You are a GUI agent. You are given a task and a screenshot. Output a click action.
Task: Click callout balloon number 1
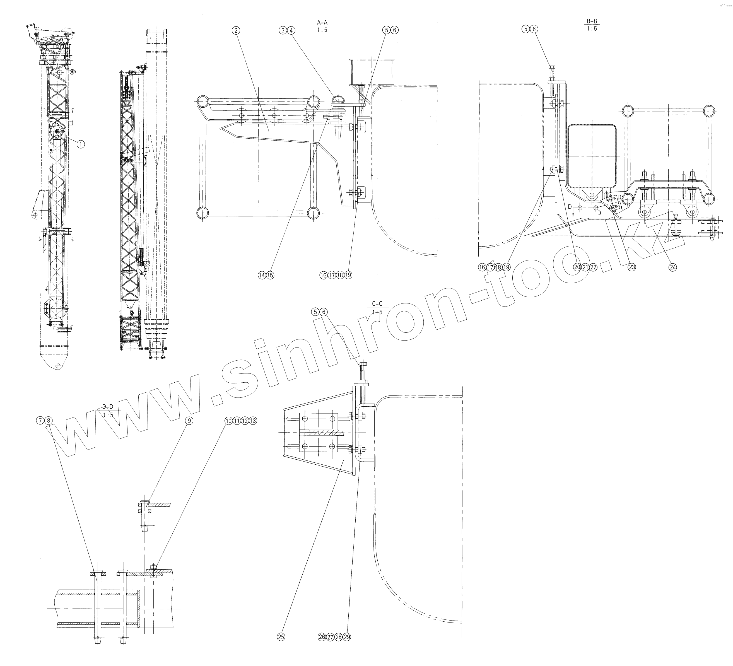pyautogui.click(x=80, y=144)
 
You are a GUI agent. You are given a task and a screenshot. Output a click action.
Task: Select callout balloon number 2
pyautogui.click(x=236, y=30)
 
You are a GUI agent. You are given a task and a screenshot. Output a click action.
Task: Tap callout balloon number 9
pyautogui.click(x=189, y=421)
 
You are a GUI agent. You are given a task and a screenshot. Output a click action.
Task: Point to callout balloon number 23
pyautogui.click(x=632, y=267)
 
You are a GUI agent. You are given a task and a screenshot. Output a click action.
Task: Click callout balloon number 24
pyautogui.click(x=673, y=267)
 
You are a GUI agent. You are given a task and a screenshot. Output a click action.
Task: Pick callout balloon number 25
pyautogui.click(x=281, y=637)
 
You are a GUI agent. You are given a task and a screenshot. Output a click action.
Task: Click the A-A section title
pyautogui.click(x=322, y=23)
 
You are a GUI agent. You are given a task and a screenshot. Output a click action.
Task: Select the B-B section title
pyautogui.click(x=592, y=21)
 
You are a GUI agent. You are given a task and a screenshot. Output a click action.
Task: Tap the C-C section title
pyautogui.click(x=377, y=304)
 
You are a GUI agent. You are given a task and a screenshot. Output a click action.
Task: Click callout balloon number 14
pyautogui.click(x=262, y=275)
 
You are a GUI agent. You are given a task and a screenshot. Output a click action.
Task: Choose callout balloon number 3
pyautogui.click(x=283, y=30)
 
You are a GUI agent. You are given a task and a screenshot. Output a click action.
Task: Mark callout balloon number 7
pyautogui.click(x=40, y=421)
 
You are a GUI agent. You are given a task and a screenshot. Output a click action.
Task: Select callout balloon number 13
pyautogui.click(x=253, y=421)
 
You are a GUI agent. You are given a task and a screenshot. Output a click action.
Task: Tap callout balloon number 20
pyautogui.click(x=577, y=267)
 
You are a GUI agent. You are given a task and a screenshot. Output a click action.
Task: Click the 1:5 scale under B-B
pyautogui.click(x=592, y=29)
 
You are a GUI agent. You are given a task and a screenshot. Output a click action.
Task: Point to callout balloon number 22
pyautogui.click(x=593, y=267)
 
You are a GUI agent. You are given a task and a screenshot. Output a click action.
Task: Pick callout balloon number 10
pyautogui.click(x=228, y=421)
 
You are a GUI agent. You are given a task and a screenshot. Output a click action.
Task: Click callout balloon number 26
pyautogui.click(x=322, y=637)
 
